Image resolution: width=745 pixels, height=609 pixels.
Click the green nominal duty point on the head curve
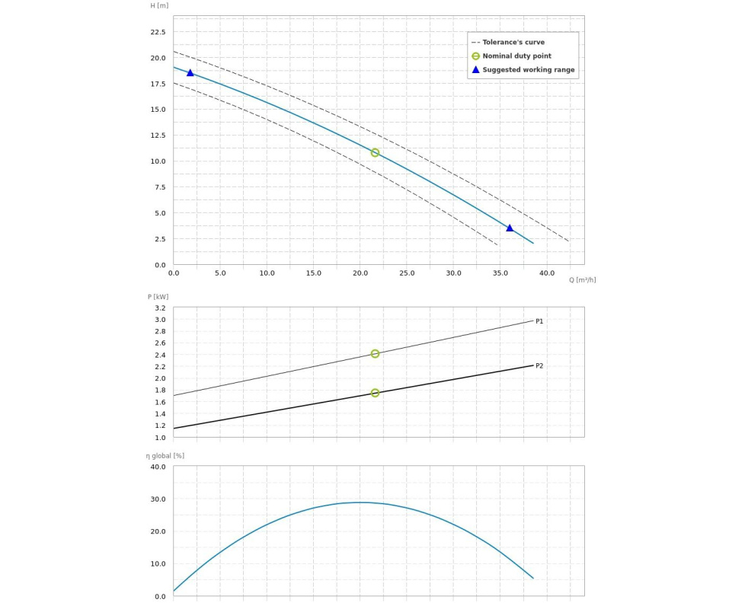tap(375, 153)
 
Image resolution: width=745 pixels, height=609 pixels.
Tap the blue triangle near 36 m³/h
tap(510, 228)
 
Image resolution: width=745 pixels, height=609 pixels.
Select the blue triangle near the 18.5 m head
tap(190, 73)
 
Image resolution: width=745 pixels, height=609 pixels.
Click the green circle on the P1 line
tap(375, 354)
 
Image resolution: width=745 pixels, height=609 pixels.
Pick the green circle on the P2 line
tap(375, 393)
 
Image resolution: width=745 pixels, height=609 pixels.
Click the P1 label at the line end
tap(539, 321)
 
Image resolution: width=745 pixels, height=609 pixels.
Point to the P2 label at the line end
tap(539, 366)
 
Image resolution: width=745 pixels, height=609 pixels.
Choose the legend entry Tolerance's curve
tap(513, 43)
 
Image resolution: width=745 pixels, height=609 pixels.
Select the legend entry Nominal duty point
tap(516, 56)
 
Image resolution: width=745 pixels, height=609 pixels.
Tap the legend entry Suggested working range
tap(528, 70)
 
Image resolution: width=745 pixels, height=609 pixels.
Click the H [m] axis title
tap(159, 6)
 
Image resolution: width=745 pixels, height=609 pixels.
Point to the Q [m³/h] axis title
tap(582, 280)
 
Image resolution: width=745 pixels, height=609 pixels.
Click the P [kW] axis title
tap(158, 297)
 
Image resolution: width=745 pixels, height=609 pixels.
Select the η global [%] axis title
tap(165, 456)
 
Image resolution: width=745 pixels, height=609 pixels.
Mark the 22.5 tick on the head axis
tap(158, 32)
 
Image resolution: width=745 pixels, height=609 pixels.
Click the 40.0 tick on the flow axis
tap(547, 273)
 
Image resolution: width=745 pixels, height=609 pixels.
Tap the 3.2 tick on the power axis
tap(160, 308)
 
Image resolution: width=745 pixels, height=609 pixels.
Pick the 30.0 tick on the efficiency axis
tap(158, 499)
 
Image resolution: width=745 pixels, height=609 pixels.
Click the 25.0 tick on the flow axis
tap(407, 273)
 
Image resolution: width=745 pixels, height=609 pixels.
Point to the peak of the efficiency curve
tap(361, 502)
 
